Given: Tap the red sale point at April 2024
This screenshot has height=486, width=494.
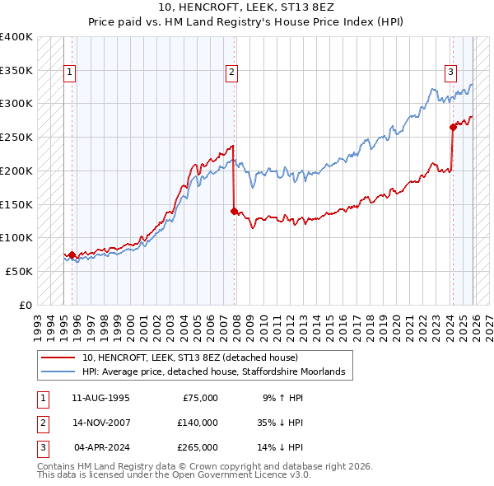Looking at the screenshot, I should pyautogui.click(x=453, y=127).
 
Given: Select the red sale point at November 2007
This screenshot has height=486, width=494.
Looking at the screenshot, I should pyautogui.click(x=234, y=211).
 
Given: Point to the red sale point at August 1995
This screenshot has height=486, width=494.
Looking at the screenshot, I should pyautogui.click(x=72, y=255).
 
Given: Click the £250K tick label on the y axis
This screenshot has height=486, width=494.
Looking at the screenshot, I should pyautogui.click(x=16, y=137).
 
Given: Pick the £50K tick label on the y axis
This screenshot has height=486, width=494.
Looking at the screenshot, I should pyautogui.click(x=20, y=271).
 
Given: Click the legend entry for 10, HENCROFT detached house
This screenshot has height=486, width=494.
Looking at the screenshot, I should pyautogui.click(x=195, y=358).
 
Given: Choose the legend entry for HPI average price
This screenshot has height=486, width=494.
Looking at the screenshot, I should pyautogui.click(x=218, y=372).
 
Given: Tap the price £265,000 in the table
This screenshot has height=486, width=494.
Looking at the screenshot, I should pyautogui.click(x=198, y=447).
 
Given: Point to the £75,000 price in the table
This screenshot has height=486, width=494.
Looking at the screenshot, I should pyautogui.click(x=200, y=398).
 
